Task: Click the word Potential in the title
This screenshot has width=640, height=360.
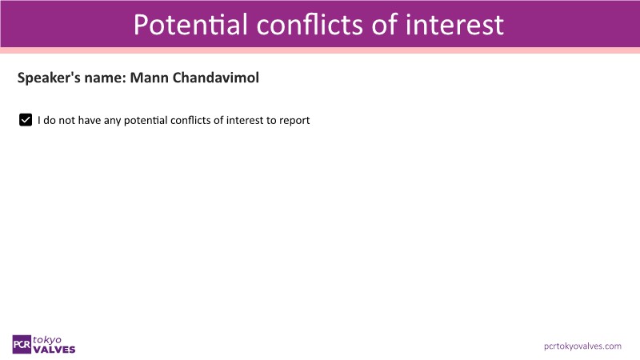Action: click(190, 25)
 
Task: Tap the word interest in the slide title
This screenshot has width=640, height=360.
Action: click(454, 25)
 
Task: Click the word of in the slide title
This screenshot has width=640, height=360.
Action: click(385, 25)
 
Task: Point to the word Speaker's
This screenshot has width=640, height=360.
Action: click(49, 78)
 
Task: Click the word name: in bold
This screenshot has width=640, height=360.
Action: click(106, 78)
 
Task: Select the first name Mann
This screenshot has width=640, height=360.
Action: click(149, 78)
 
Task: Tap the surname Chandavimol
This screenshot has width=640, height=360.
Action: click(215, 78)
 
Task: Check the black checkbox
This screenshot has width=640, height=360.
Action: click(26, 120)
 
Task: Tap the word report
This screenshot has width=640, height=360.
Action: click(294, 122)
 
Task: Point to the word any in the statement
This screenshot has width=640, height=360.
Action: click(112, 122)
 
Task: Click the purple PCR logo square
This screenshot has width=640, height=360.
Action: click(22, 345)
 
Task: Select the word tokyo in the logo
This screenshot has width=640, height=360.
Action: click(47, 340)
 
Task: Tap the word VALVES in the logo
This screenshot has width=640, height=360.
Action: click(54, 350)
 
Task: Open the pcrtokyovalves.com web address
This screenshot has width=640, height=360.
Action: click(582, 346)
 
